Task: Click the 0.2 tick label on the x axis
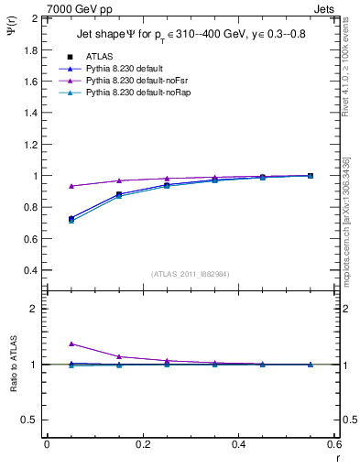tap(142, 443)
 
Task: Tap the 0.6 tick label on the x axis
tap(333, 443)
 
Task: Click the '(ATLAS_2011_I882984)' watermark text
tap(190, 273)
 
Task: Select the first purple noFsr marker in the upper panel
tap(71, 186)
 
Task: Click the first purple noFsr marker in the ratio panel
tap(71, 344)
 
